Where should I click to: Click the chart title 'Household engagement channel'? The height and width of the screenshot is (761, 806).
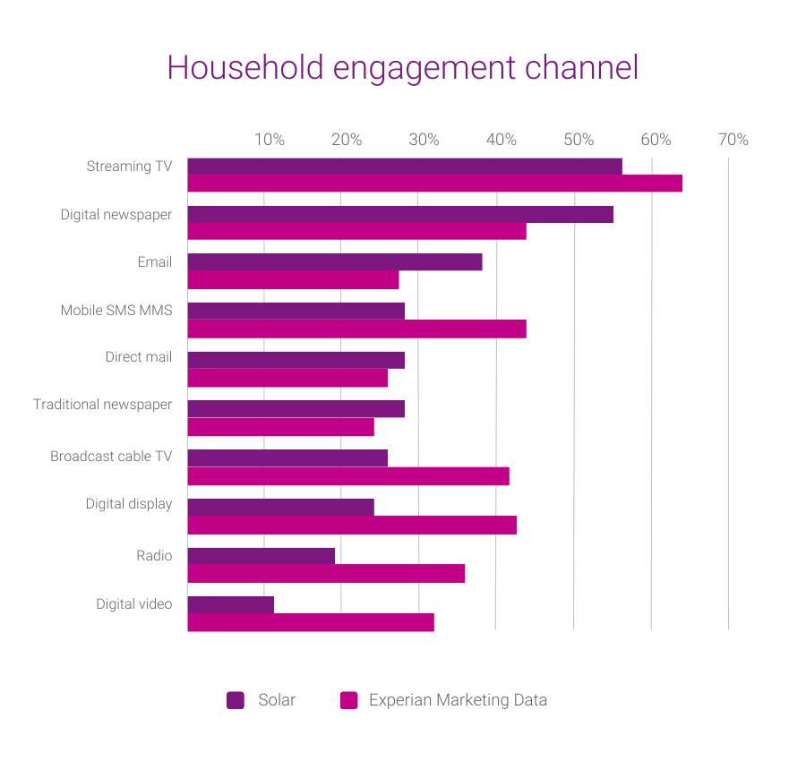click(x=402, y=69)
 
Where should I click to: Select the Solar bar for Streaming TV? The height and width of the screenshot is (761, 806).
click(x=405, y=167)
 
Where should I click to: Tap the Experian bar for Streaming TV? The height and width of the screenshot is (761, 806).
click(x=434, y=184)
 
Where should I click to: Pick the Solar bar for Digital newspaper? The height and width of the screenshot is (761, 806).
click(x=400, y=215)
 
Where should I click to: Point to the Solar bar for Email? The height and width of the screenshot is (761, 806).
click(x=335, y=262)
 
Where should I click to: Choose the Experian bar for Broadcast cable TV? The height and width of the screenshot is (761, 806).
click(x=348, y=476)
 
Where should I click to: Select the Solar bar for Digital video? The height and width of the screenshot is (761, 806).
click(x=231, y=604)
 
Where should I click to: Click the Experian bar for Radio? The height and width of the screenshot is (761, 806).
click(x=326, y=574)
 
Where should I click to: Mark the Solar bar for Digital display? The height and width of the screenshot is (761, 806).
click(x=280, y=507)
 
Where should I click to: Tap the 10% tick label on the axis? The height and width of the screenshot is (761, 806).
click(x=270, y=140)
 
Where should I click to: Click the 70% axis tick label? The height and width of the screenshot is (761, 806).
click(x=733, y=140)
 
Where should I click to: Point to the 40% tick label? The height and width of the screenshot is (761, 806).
click(x=502, y=140)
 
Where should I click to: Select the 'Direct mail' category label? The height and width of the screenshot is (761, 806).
click(x=138, y=357)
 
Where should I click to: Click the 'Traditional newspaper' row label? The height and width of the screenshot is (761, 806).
click(x=102, y=405)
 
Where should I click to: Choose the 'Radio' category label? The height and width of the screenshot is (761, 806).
click(x=154, y=556)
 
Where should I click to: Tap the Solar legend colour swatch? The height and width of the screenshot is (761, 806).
click(x=236, y=700)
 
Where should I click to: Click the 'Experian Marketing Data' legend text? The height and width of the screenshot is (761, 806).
click(x=458, y=700)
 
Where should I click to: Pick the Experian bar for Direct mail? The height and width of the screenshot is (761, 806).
click(x=287, y=378)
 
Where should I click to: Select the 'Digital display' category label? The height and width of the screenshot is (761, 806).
click(x=129, y=504)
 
